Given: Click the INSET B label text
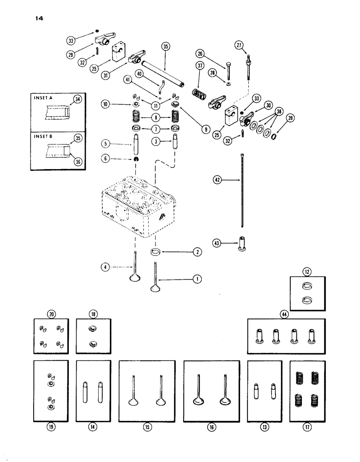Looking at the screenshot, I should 45,135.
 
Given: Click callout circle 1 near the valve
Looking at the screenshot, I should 194,279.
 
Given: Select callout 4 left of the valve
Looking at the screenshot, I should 107,266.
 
